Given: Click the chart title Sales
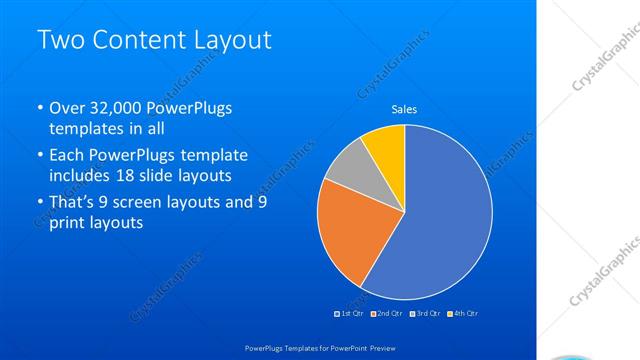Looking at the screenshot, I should click(404, 109).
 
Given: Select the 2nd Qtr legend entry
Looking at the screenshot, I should click(389, 314).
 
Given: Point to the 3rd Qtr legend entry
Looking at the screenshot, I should click(427, 314).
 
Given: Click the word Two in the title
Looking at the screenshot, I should click(61, 41).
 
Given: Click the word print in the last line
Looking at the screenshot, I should click(67, 223).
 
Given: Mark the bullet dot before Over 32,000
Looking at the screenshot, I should click(39, 109).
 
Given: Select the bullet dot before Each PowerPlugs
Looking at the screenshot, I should click(39, 156).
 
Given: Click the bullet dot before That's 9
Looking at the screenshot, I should click(39, 203).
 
